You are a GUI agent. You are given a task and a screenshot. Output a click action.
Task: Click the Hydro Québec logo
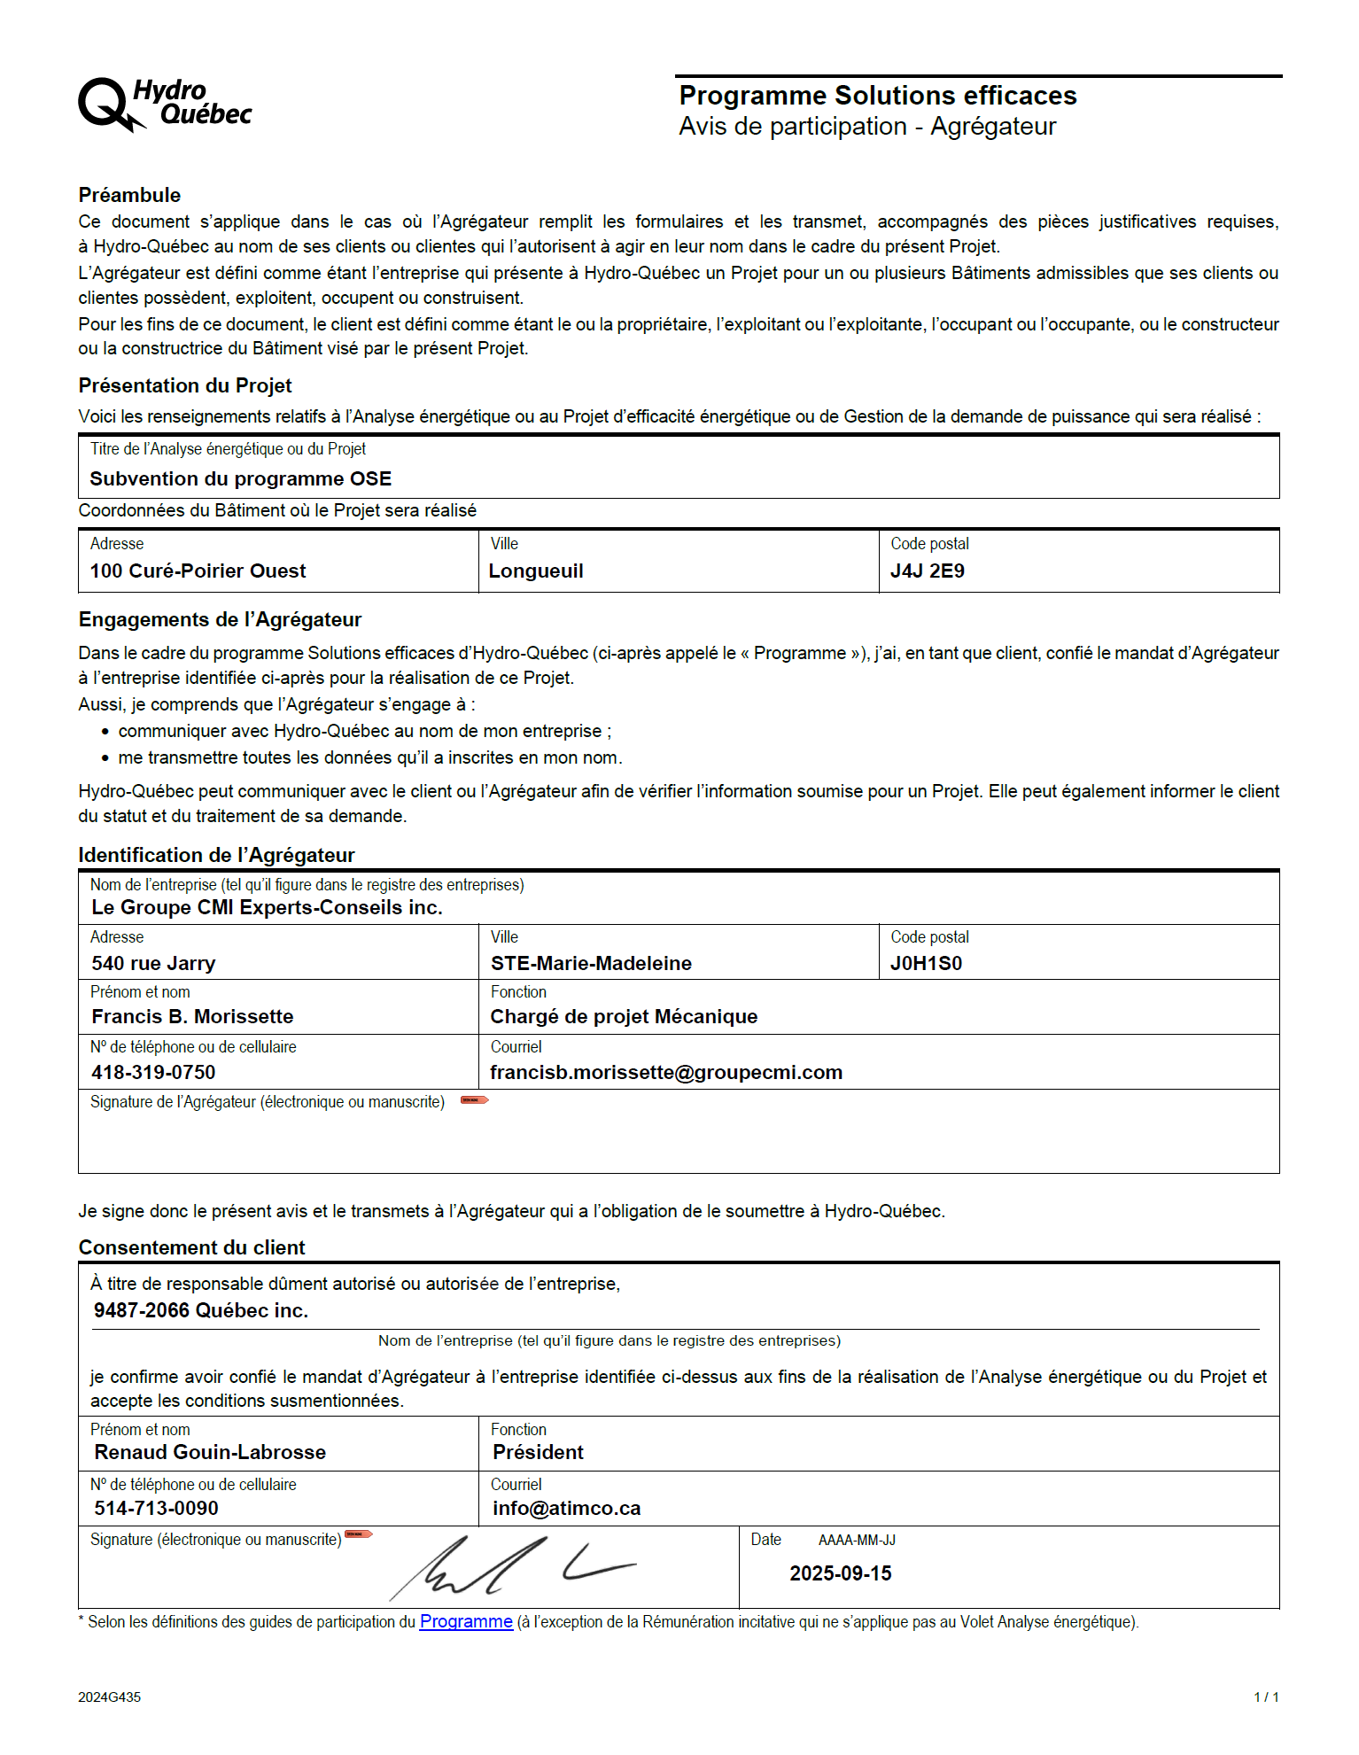pos(165,105)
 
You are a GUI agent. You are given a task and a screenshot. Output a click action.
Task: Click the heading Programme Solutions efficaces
pos(877,96)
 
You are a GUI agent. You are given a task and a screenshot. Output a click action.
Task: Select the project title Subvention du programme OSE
pos(240,479)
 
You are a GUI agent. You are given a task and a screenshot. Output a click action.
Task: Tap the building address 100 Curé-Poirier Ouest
pos(198,571)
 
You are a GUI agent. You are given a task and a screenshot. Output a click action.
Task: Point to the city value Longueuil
pos(536,571)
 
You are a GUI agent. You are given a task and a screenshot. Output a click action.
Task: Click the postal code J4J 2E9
pos(927,571)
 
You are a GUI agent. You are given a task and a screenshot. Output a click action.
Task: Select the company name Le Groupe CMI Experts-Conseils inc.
pos(267,908)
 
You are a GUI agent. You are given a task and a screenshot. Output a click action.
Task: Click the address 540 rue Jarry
pos(153,964)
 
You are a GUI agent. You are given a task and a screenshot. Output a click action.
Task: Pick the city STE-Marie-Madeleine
pos(591,964)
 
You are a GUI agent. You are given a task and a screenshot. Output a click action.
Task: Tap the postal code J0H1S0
pos(926,964)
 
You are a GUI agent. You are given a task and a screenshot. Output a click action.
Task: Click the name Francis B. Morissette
pos(192,1017)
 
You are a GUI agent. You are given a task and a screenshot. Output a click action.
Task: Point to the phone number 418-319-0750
pos(153,1073)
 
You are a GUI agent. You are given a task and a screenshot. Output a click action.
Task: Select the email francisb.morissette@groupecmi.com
pos(666,1073)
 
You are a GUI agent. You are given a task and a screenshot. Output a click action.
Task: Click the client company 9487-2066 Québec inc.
pos(201,1311)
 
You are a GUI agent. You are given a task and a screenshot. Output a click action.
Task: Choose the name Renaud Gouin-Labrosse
pos(210,1453)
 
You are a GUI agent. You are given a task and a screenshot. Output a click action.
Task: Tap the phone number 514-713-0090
pos(156,1509)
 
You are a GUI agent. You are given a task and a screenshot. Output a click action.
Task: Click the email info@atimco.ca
pos(566,1509)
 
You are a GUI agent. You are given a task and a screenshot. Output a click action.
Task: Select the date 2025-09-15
pos(840,1574)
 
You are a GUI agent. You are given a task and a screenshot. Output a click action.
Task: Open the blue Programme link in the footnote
pos(466,1622)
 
